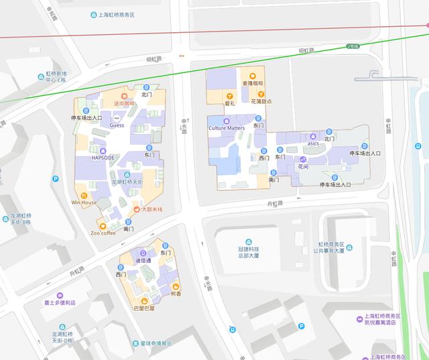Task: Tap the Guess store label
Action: point(117,125)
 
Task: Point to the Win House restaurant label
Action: point(84,202)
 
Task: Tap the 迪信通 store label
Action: point(143,260)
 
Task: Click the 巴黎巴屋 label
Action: point(143,308)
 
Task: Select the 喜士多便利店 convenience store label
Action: point(60,302)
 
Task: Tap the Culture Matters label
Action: point(227,127)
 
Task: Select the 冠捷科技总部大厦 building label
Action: point(248,252)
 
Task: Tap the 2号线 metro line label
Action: point(353,46)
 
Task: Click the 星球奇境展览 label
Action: point(151,344)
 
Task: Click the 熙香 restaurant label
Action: point(175,293)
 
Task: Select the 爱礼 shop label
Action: point(229,103)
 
